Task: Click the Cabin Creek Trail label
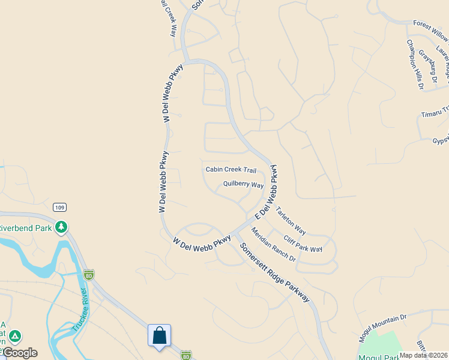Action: (x=231, y=170)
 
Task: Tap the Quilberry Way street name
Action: (x=244, y=184)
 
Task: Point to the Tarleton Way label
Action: (x=291, y=221)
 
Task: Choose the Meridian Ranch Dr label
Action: (x=273, y=244)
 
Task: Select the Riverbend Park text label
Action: (x=26, y=228)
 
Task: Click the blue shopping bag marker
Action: (x=159, y=335)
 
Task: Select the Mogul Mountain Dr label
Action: (x=383, y=327)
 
